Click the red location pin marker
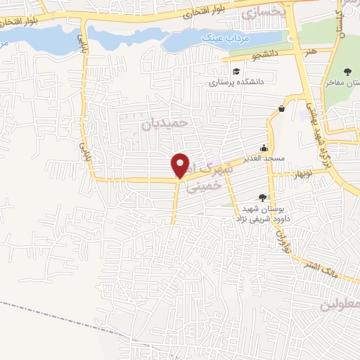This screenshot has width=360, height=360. (x=181, y=165)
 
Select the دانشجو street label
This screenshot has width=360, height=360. (x=266, y=53)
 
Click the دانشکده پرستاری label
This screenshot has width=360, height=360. (x=236, y=82)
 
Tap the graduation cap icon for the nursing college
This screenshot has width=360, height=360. (x=236, y=72)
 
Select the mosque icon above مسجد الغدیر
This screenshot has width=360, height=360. (x=263, y=148)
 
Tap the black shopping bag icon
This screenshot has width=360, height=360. (x=282, y=108)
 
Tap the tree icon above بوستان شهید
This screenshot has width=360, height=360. (x=263, y=198)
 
